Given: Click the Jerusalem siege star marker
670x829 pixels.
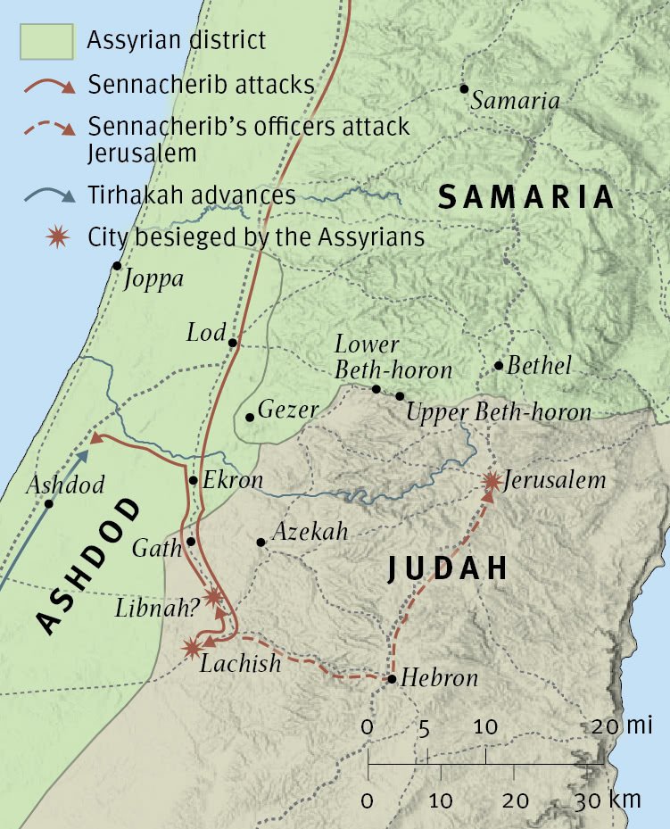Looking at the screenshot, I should [x=491, y=481].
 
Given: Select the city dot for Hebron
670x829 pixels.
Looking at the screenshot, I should [x=392, y=680].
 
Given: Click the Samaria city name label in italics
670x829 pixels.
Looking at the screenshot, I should [x=515, y=101].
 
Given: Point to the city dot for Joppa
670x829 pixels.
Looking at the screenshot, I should [x=116, y=266].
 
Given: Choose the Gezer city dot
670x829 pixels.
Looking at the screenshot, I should [x=250, y=417].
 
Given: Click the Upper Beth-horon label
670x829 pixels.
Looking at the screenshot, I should [x=498, y=412].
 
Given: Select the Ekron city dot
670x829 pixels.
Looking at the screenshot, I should [x=193, y=480].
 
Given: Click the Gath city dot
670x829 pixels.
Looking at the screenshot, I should [x=191, y=542].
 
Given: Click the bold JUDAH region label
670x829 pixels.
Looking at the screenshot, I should [x=447, y=568].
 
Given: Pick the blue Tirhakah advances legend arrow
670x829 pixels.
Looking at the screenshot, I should [x=45, y=195].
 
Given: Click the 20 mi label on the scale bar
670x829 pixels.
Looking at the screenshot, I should [x=622, y=726].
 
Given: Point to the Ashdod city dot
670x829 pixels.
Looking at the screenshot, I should [x=49, y=504].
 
